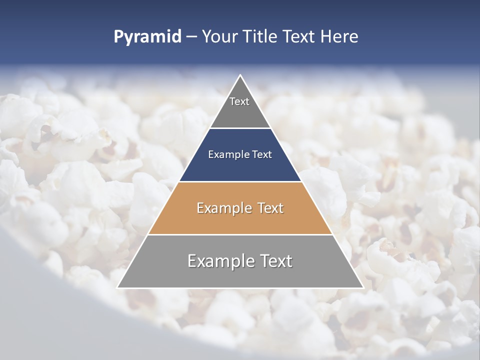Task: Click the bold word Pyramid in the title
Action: [x=147, y=37]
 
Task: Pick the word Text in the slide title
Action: [x=299, y=37]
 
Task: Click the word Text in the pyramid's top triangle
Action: [x=239, y=101]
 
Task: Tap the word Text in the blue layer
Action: [x=262, y=155]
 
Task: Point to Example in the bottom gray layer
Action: [x=221, y=261]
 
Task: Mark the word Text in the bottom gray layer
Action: [x=275, y=261]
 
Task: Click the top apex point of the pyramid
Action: [x=240, y=75]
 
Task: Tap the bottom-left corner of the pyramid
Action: [x=118, y=287]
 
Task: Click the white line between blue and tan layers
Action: [x=240, y=181]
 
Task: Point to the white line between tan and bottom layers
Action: [x=240, y=234]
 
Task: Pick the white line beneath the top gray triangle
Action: [x=240, y=128]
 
